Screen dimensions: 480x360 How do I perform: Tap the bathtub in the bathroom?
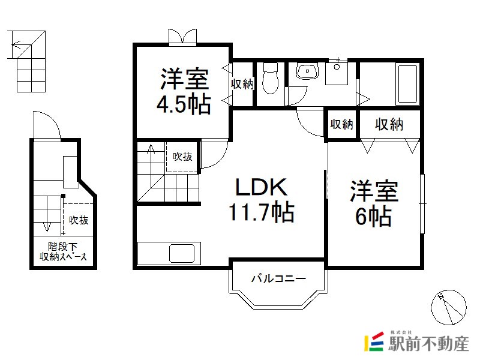(x=407, y=84)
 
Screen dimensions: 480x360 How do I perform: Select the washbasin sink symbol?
(x=307, y=71)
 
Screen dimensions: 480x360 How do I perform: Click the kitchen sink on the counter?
(x=182, y=253)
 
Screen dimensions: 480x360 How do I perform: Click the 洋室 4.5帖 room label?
(x=184, y=91)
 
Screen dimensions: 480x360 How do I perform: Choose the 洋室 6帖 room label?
(x=374, y=203)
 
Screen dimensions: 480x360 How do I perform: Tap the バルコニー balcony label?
(x=278, y=278)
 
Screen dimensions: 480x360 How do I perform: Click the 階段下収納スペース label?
(x=63, y=251)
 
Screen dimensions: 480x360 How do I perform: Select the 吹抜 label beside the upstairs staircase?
(x=182, y=157)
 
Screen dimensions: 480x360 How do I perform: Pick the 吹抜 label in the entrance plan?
(x=79, y=220)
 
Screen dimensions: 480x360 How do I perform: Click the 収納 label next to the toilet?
(x=242, y=83)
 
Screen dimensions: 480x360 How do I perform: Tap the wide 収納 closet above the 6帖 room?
(x=389, y=125)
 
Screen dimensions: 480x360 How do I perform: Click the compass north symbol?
(x=448, y=307)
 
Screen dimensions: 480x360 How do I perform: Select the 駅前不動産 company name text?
(x=428, y=344)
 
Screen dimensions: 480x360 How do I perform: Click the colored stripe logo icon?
(x=374, y=341)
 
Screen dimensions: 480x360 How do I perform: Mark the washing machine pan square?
(x=337, y=73)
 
